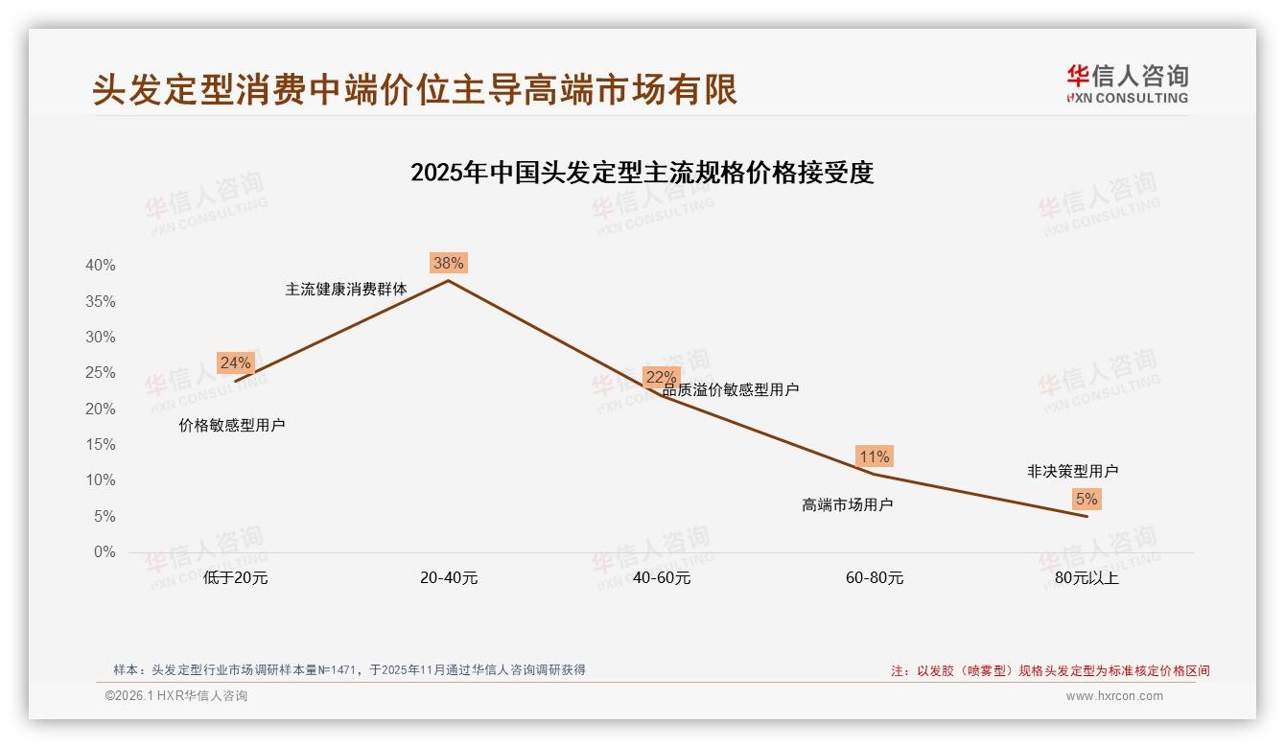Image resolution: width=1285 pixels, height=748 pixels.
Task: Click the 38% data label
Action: (x=448, y=263)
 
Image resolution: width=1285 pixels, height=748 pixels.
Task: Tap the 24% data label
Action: (x=235, y=362)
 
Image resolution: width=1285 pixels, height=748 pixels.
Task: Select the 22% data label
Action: (x=661, y=377)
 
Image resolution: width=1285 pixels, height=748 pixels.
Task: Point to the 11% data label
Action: (x=874, y=456)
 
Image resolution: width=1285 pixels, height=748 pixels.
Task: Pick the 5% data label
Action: (x=1086, y=499)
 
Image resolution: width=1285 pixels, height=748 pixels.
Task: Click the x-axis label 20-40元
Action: (x=448, y=578)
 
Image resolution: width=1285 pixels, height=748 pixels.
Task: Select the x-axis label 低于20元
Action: (x=235, y=578)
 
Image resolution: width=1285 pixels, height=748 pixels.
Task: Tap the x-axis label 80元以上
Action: (x=1086, y=578)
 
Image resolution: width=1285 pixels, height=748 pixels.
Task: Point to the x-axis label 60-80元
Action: (x=874, y=578)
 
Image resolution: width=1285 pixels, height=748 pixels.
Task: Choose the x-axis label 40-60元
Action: (x=661, y=578)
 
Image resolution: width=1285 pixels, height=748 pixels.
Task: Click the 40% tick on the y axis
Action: (x=100, y=266)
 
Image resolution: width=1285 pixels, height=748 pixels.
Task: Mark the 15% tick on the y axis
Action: (x=100, y=445)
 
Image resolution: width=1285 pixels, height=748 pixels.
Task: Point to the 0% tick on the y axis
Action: (x=104, y=552)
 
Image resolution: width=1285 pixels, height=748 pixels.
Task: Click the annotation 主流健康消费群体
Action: (x=345, y=289)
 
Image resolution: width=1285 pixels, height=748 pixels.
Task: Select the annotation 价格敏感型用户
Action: (x=231, y=425)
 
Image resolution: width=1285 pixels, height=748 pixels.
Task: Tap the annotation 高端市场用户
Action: (x=847, y=504)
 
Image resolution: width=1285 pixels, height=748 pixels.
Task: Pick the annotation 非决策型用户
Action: (x=1072, y=471)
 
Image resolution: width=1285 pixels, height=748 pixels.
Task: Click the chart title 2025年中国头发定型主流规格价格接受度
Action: (x=642, y=174)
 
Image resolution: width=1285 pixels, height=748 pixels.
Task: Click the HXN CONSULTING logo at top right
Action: (x=1127, y=83)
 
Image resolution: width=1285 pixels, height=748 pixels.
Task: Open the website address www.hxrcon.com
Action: (x=1113, y=696)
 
